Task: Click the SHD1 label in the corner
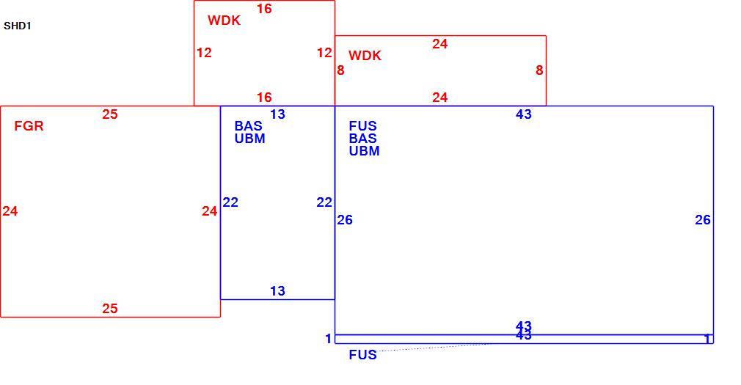click(x=18, y=26)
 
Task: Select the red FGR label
click(x=29, y=126)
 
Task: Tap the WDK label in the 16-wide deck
click(x=224, y=21)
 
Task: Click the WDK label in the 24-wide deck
click(x=365, y=56)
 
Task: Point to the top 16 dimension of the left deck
click(x=264, y=9)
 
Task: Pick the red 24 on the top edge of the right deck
click(x=439, y=44)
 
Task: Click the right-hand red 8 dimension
click(x=539, y=70)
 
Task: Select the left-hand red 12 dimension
click(x=204, y=53)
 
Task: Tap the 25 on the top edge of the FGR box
click(x=109, y=114)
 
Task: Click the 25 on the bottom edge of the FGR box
click(x=109, y=309)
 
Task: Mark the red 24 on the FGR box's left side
click(x=10, y=211)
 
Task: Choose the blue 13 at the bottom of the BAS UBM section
click(x=277, y=291)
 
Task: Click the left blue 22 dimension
click(x=230, y=202)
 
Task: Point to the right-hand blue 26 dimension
click(x=703, y=220)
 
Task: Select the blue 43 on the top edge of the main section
click(x=524, y=114)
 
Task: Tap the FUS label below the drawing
click(x=363, y=355)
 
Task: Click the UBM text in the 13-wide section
click(x=250, y=139)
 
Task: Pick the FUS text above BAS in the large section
click(x=363, y=126)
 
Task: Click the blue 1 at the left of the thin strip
click(x=329, y=339)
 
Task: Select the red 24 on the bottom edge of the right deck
click(x=439, y=98)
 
